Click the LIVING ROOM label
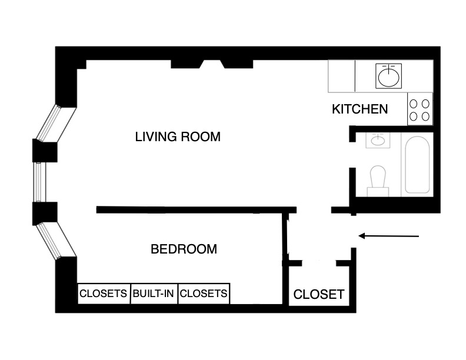[178, 137]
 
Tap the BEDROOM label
[184, 249]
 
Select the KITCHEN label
[360, 109]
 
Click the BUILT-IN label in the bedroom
[153, 293]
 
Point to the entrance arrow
[388, 236]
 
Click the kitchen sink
[388, 76]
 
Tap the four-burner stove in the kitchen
[420, 109]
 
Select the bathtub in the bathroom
[418, 164]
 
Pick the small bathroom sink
[376, 140]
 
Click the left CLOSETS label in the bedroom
[104, 293]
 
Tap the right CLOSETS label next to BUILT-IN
[203, 293]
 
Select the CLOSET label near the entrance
[318, 294]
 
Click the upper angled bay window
[56, 123]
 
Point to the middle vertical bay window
[39, 182]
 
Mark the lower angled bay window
[56, 241]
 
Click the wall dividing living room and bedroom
[194, 209]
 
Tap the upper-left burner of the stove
[414, 103]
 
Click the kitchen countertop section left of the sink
[341, 76]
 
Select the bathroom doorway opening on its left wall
[352, 155]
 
